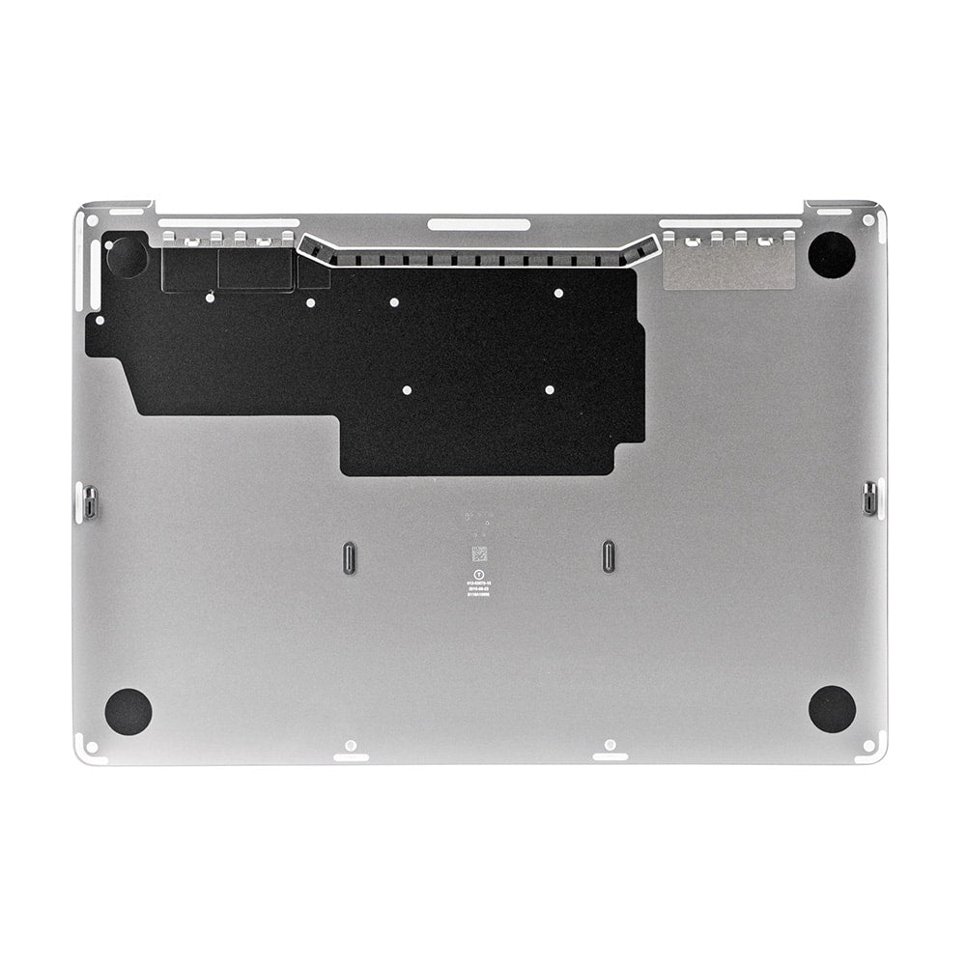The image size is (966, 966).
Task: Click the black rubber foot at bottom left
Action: coord(128,711)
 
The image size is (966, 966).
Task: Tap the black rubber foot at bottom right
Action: coord(832,709)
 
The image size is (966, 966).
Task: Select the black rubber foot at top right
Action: coord(832,255)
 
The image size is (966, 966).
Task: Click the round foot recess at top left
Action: coord(127,257)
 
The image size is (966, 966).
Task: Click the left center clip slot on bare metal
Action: coord(349,558)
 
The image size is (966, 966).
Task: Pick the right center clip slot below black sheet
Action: coord(609,556)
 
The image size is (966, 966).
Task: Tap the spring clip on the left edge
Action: coord(90,501)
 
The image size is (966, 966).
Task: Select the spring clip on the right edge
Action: coord(869,498)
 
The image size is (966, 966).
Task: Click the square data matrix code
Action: coord(479,555)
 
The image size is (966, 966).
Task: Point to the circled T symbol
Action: coord(479,573)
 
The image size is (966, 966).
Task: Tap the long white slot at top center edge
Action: coord(479,224)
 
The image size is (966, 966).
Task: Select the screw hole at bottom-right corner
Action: coord(869,745)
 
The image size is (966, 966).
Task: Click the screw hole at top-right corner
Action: coord(867,220)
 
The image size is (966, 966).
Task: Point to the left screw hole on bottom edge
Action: coord(351,746)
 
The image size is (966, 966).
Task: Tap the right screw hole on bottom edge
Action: coord(610,745)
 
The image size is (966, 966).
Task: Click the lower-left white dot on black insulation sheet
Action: coord(407,390)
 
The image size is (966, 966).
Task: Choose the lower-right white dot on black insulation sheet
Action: coord(549,389)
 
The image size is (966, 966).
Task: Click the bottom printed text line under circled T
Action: coord(479,596)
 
